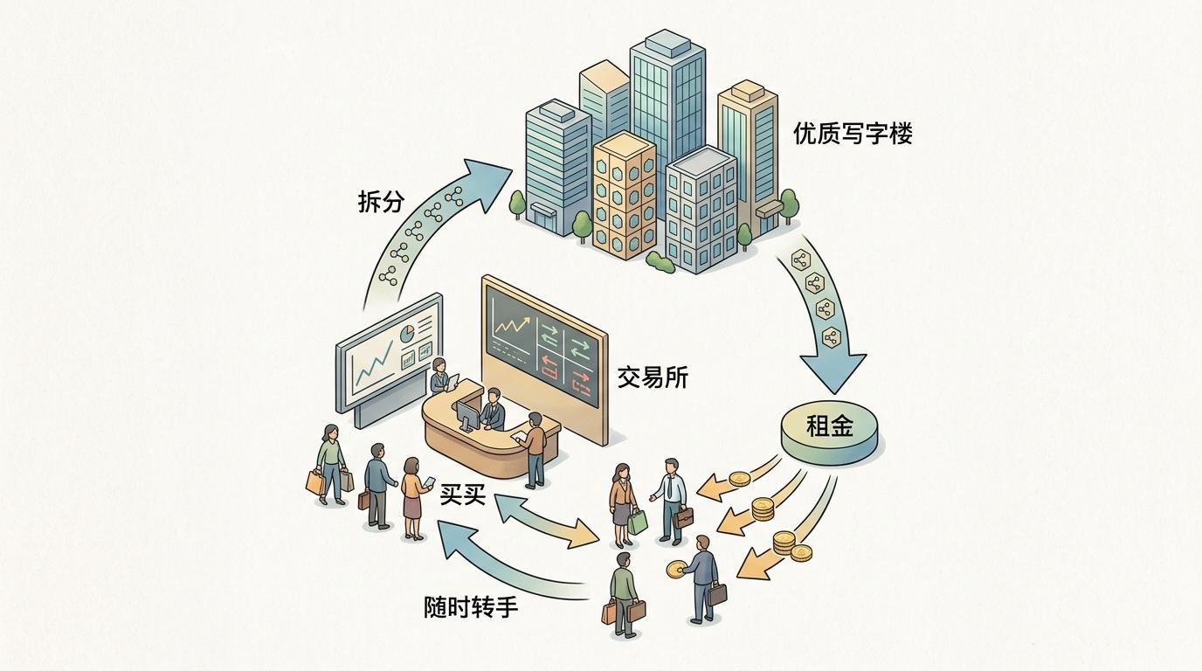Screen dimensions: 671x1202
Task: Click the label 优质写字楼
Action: pyautogui.click(x=853, y=134)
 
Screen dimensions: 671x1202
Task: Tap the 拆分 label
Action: pyautogui.click(x=382, y=202)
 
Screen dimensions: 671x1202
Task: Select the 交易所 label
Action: pyautogui.click(x=653, y=377)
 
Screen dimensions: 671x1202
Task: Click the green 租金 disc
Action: pyautogui.click(x=829, y=430)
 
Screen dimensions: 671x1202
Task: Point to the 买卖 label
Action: pyautogui.click(x=462, y=495)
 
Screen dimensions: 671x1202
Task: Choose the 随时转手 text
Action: pyautogui.click(x=471, y=606)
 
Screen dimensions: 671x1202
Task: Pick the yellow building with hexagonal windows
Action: pyautogui.click(x=625, y=192)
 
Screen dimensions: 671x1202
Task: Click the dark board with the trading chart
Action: pyautogui.click(x=542, y=349)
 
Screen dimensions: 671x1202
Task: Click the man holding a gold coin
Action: pyautogui.click(x=700, y=576)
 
